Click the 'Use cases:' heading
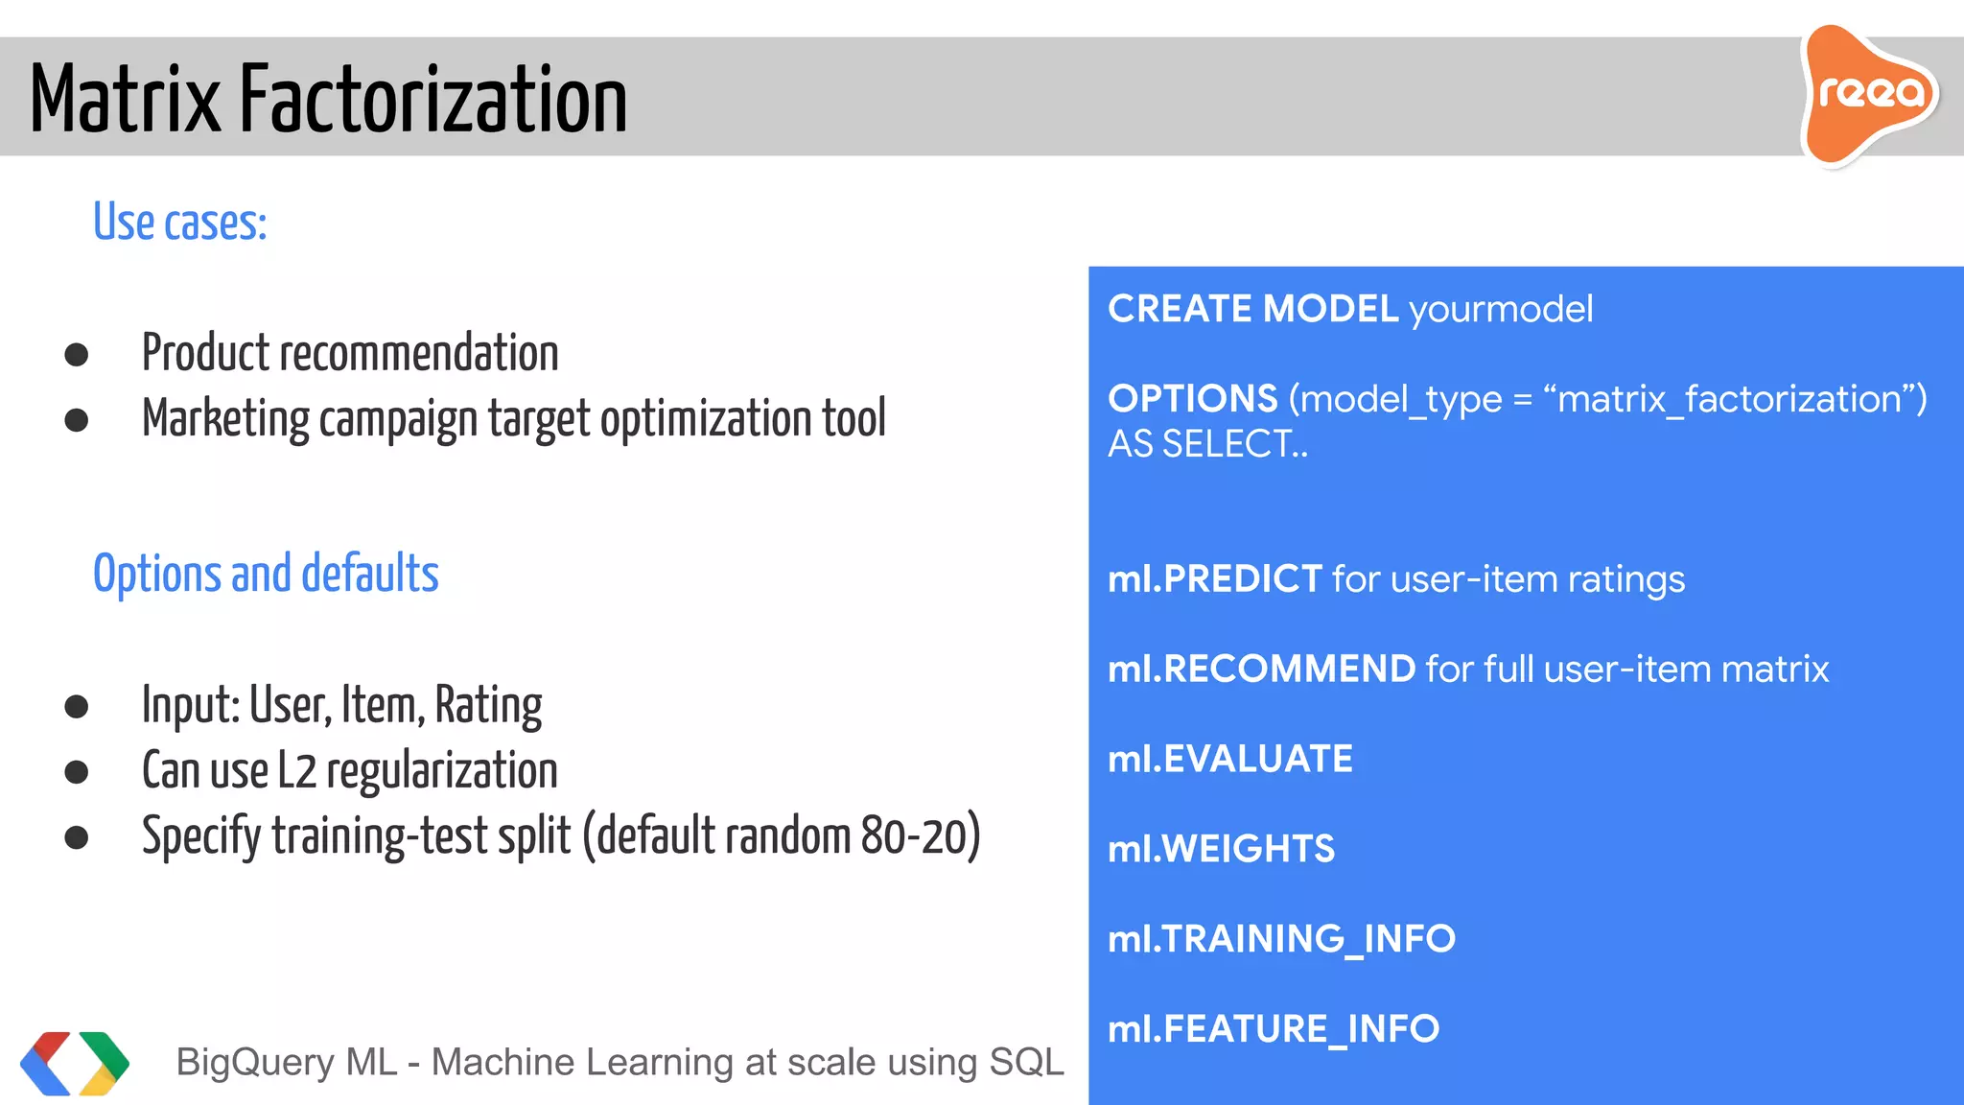(x=179, y=223)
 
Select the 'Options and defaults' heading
(x=266, y=574)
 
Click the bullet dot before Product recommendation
(x=77, y=355)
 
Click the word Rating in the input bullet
(x=488, y=706)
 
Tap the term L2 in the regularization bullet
(x=296, y=771)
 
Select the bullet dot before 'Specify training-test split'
(x=77, y=837)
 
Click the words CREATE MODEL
(x=1252, y=309)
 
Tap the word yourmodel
(x=1501, y=309)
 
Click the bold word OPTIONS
(x=1193, y=398)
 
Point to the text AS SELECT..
(x=1206, y=444)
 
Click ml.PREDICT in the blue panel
(x=1215, y=579)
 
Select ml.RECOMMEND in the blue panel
(x=1261, y=669)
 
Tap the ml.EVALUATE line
(x=1230, y=759)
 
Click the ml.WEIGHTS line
(x=1221, y=849)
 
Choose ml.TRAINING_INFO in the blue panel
(x=1281, y=939)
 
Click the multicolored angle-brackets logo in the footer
(x=74, y=1063)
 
